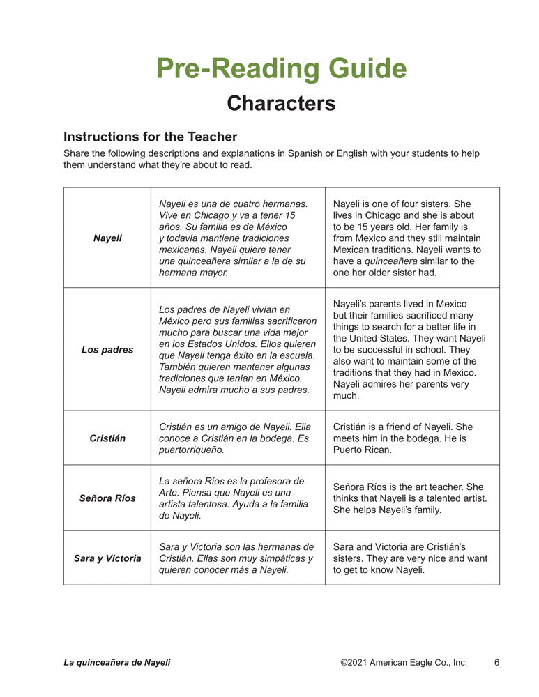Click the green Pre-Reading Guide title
click(x=281, y=68)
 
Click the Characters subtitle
click(x=281, y=103)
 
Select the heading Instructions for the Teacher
click(x=150, y=137)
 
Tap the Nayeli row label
click(x=107, y=238)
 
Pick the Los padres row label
click(x=107, y=350)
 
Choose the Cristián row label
click(x=107, y=438)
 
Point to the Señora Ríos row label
click(x=107, y=498)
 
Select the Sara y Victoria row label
click(x=107, y=558)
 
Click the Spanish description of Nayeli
click(x=233, y=238)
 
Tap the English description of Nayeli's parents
click(x=409, y=350)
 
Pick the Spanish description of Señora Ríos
click(x=233, y=498)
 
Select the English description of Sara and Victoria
click(x=409, y=558)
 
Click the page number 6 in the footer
click(x=497, y=663)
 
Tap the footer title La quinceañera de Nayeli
click(x=116, y=663)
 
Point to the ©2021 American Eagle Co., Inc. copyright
click(x=404, y=663)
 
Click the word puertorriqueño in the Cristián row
click(x=189, y=450)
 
